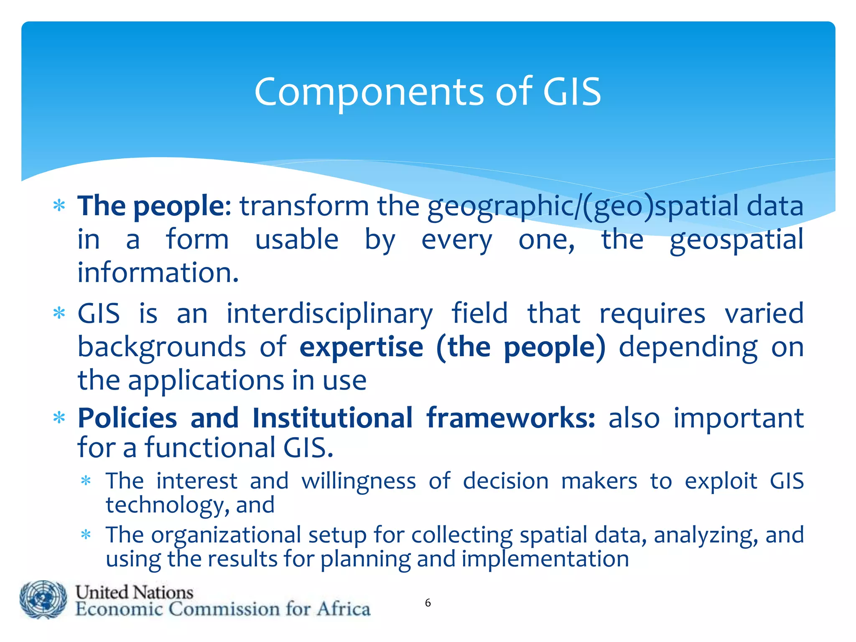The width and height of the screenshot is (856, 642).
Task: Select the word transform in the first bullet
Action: coord(304,206)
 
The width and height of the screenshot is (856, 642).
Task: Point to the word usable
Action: coord(297,239)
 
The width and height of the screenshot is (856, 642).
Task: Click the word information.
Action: coord(158,273)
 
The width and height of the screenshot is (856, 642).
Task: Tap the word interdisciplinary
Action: coord(329,313)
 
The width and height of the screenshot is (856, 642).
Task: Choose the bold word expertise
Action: coord(362,347)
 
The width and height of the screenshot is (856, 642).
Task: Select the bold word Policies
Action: coord(127,418)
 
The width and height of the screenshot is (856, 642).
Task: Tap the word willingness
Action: coord(359,481)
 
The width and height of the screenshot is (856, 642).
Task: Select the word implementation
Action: coord(545,559)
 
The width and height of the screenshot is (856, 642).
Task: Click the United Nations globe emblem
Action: coord(43,599)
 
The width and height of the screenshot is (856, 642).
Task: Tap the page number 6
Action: coord(428,603)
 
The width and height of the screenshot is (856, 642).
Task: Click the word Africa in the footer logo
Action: coord(343,609)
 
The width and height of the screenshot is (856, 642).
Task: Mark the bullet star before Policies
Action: coord(59,418)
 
